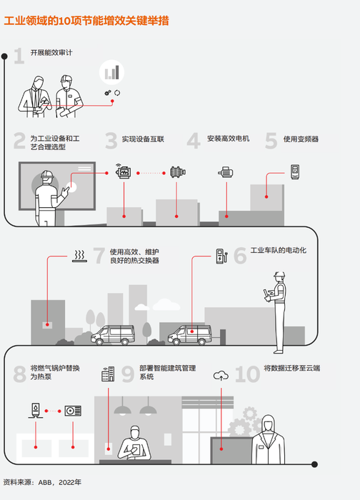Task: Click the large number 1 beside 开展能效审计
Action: [x=19, y=56]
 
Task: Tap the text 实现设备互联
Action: [x=143, y=139]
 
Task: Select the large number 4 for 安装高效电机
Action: [x=194, y=140]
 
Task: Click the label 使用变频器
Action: [x=301, y=139]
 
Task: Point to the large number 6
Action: [x=240, y=255]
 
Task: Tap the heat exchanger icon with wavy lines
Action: [x=80, y=255]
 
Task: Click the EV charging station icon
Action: [x=221, y=255]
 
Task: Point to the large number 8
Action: [x=19, y=374]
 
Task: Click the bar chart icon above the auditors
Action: [x=111, y=72]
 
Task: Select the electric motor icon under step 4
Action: [x=226, y=171]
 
